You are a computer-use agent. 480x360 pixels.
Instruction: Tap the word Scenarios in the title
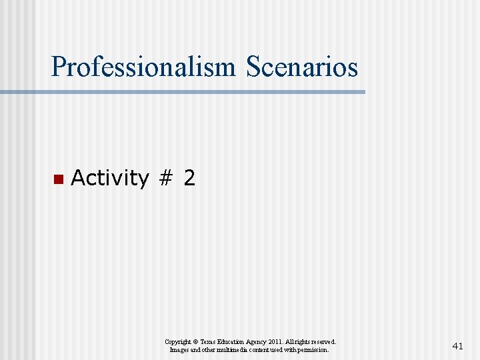302,67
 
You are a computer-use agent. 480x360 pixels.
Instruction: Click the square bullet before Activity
57,179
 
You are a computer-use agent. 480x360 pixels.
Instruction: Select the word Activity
109,178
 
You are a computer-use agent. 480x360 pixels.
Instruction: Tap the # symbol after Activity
165,178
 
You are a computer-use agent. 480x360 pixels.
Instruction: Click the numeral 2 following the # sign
189,178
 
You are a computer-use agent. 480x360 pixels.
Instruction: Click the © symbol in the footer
195,341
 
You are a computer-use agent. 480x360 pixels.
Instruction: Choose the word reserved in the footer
325,341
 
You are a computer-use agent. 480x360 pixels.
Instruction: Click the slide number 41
457,345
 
